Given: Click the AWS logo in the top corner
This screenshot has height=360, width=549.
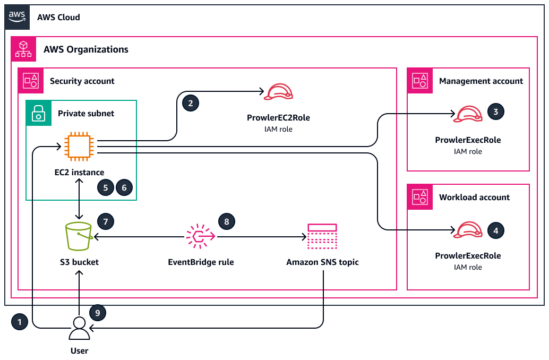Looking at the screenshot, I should [x=17, y=16].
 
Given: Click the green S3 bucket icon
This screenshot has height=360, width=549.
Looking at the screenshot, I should [x=79, y=236].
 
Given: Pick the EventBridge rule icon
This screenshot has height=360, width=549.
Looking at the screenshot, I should [x=200, y=236].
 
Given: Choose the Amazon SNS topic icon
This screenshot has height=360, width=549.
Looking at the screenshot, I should [x=322, y=236].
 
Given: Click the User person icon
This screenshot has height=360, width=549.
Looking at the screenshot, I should [x=79, y=329].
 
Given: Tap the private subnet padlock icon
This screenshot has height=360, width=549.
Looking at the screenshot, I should [x=38, y=113].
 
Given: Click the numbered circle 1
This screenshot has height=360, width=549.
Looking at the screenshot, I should [x=20, y=322].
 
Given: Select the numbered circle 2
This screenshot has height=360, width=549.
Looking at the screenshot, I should [x=191, y=103].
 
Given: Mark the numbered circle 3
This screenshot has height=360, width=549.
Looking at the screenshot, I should [x=495, y=112].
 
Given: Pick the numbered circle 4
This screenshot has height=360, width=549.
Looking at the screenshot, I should [x=495, y=230].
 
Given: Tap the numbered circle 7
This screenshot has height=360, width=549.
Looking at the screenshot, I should [x=106, y=221].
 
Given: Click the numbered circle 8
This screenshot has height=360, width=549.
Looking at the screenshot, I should [x=227, y=221].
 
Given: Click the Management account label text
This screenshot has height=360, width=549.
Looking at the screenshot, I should [x=481, y=81].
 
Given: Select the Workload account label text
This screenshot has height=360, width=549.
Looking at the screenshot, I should [x=474, y=197].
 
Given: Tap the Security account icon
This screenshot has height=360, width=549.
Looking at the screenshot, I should [x=30, y=81].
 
